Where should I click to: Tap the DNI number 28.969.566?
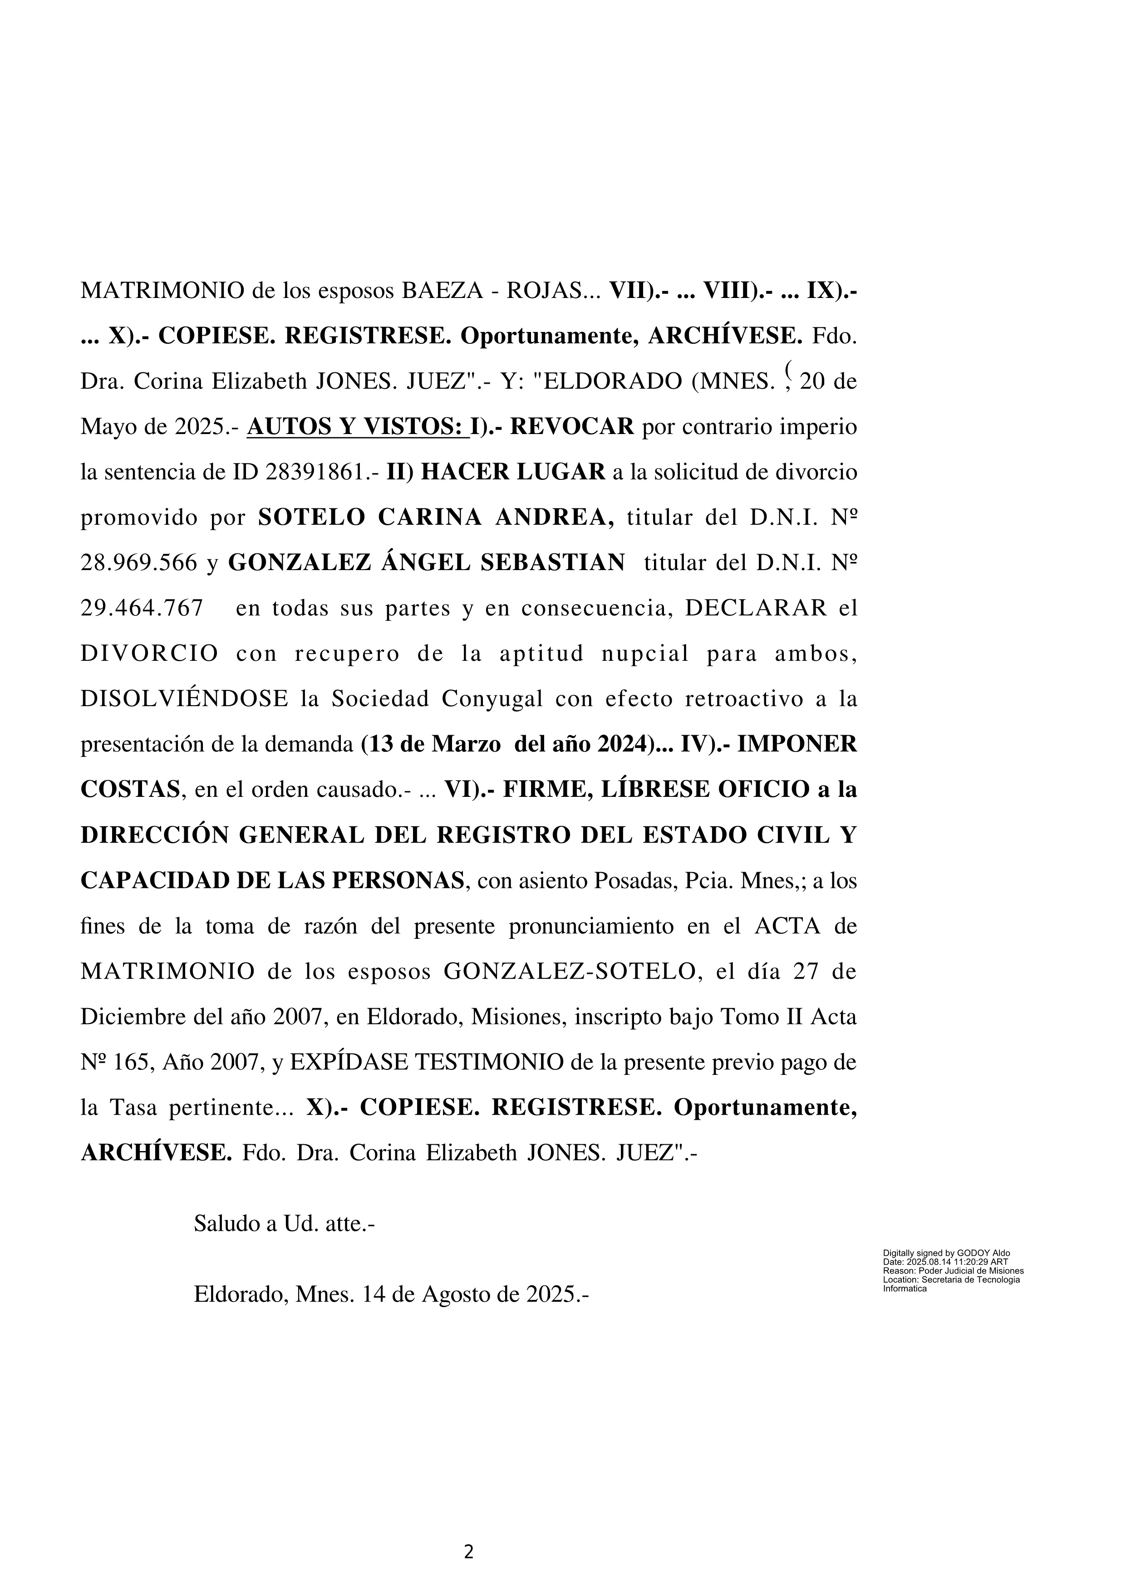(x=139, y=563)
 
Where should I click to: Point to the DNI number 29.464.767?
(x=142, y=608)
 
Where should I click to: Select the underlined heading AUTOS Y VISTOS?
(x=354, y=427)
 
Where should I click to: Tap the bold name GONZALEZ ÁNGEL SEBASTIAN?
(x=427, y=563)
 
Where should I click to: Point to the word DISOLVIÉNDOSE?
(x=184, y=699)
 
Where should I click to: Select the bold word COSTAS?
(x=130, y=790)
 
